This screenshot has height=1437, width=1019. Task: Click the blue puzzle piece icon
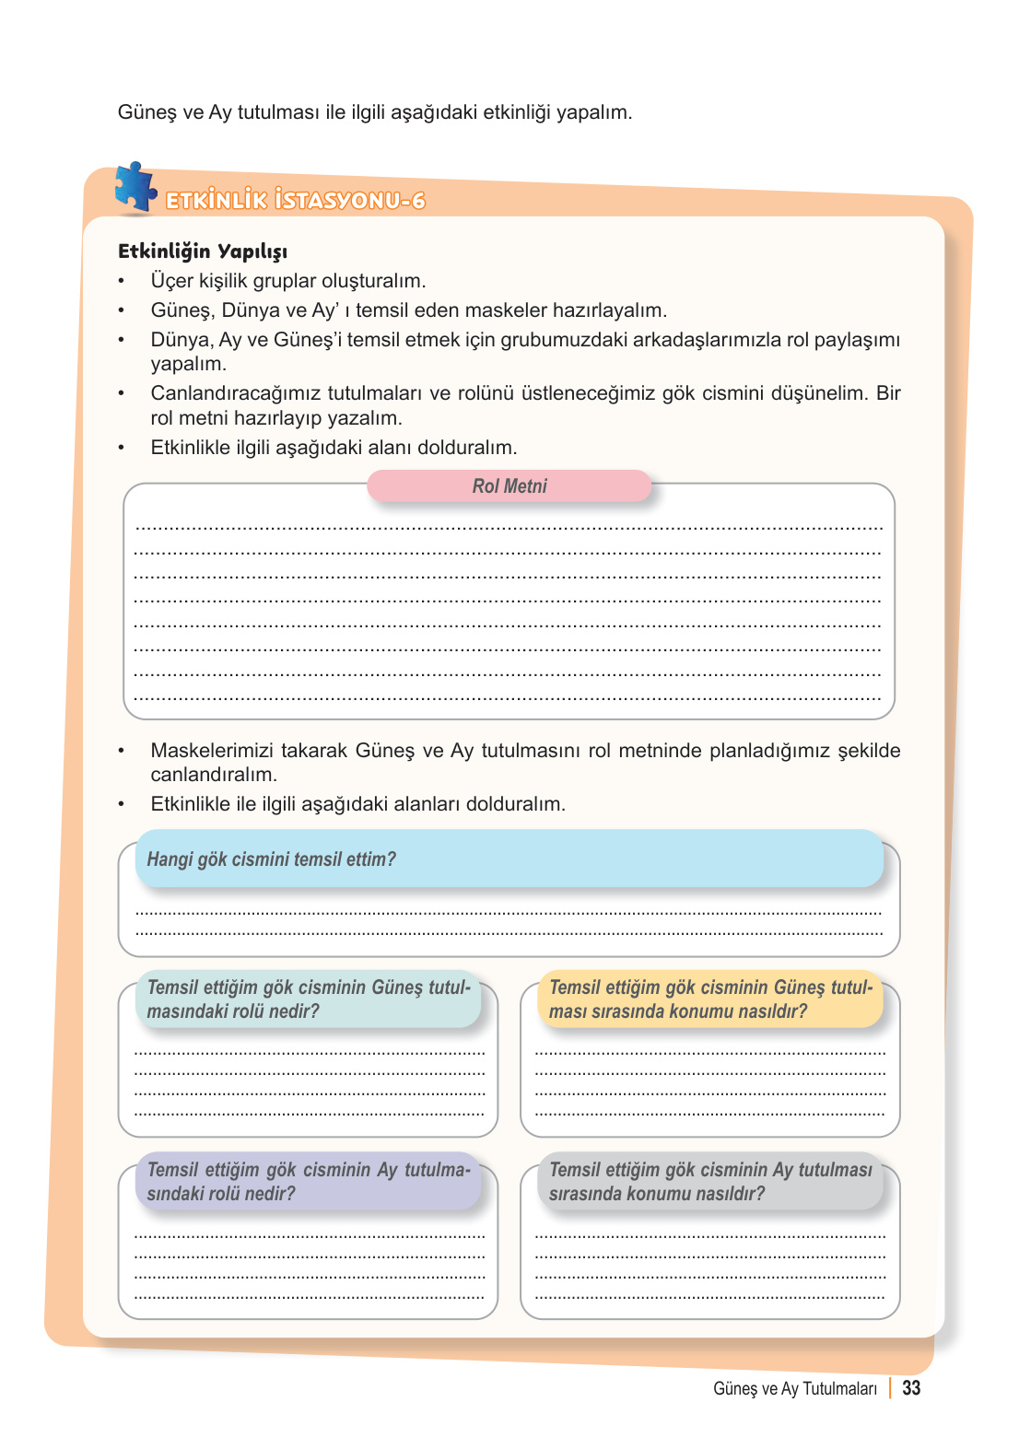click(x=135, y=187)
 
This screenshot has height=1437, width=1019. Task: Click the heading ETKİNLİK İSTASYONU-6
click(x=295, y=201)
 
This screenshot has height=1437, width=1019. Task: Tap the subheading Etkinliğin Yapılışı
click(x=203, y=251)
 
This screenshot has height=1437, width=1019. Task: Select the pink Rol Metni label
click(x=509, y=486)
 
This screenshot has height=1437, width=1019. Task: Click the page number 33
click(x=911, y=1388)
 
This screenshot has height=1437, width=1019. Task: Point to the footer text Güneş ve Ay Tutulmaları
click(x=794, y=1389)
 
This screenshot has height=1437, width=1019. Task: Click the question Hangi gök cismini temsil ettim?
click(x=271, y=859)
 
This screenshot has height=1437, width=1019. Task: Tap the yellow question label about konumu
click(x=709, y=999)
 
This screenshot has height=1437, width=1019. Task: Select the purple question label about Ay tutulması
click(x=309, y=1182)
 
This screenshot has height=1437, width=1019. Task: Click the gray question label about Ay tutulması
click(x=709, y=1182)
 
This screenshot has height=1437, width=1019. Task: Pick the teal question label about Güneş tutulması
click(x=309, y=999)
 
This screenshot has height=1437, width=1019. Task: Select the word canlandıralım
click(x=213, y=775)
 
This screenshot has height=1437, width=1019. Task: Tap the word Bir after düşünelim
click(x=888, y=393)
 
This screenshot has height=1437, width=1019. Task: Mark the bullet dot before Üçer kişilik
click(x=121, y=282)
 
